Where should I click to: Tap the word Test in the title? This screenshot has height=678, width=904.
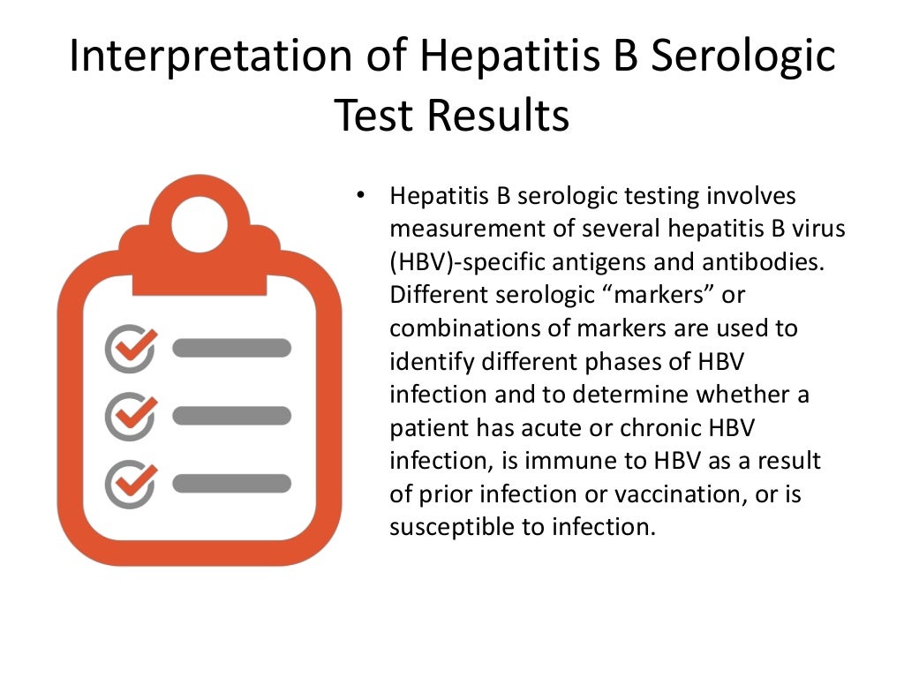[369, 116]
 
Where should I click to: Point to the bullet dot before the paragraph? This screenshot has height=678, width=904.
[359, 195]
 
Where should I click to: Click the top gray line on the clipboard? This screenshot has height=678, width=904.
[231, 348]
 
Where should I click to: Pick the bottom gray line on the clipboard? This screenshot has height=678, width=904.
[231, 483]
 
